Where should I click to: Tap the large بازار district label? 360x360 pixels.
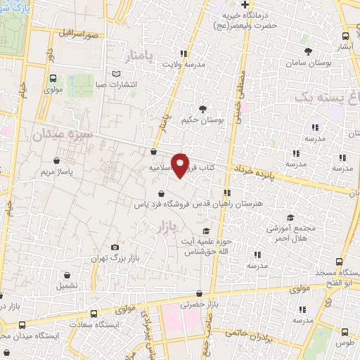162,226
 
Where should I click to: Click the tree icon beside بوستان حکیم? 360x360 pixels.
203,108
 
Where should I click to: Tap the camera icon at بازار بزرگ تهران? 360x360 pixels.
115,247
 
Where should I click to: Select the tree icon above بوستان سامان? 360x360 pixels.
309,51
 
